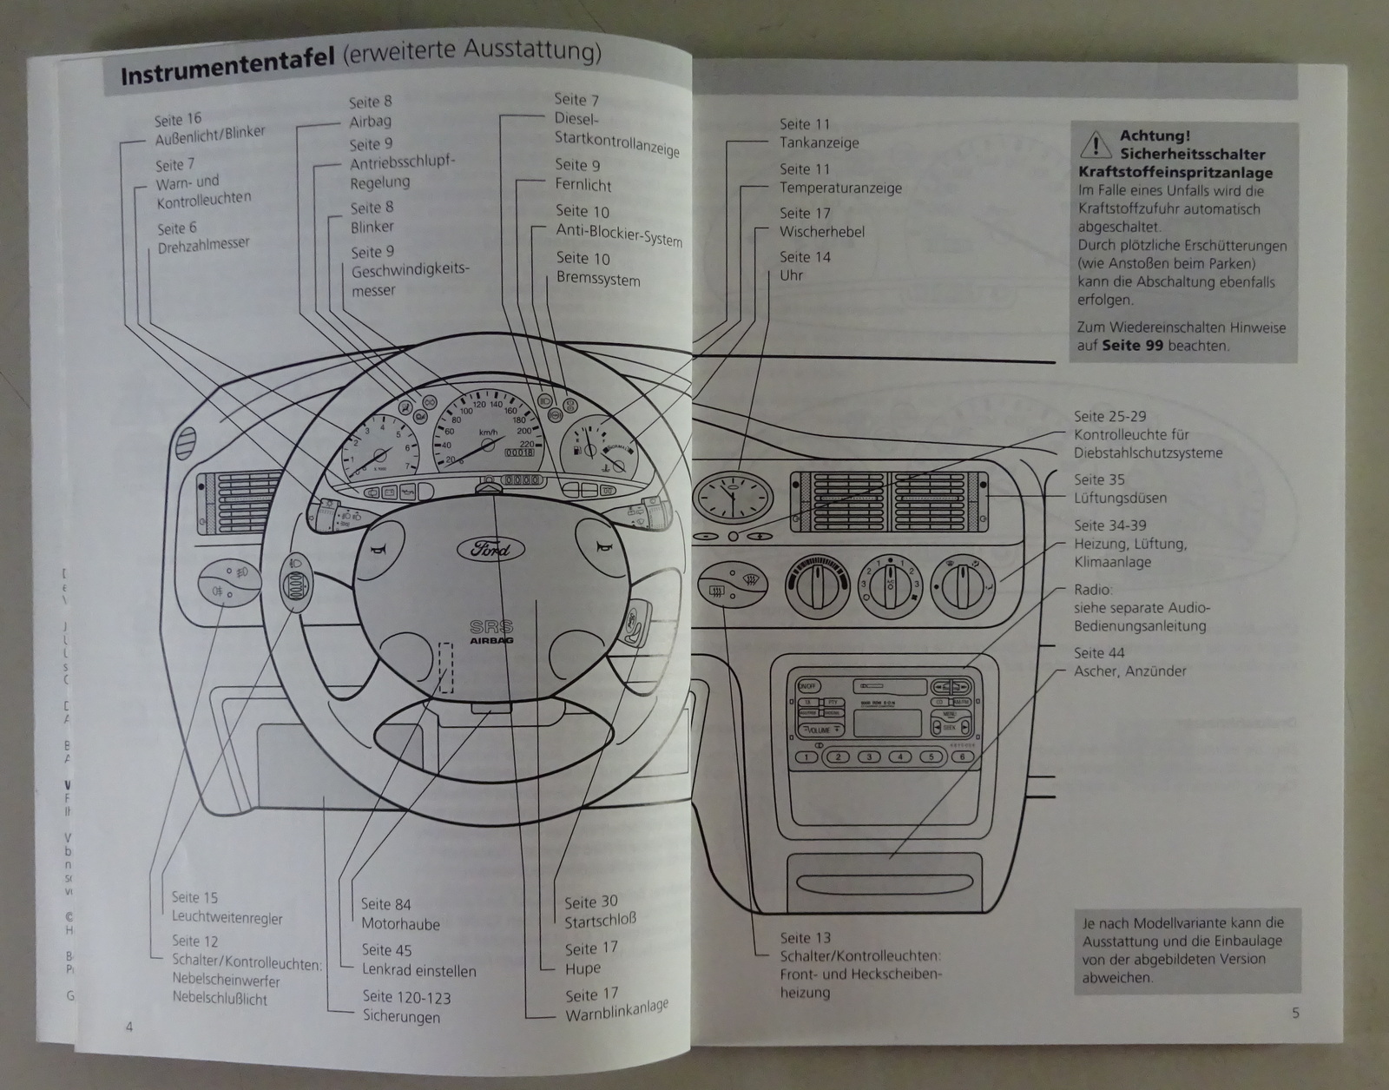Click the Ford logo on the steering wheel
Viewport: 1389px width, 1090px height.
click(490, 549)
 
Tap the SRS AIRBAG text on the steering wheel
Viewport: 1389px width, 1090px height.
click(491, 632)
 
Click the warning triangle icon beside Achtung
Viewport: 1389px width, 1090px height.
click(1096, 143)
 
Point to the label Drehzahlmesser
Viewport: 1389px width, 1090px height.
click(203, 247)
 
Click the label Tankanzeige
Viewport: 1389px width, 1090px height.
click(819, 143)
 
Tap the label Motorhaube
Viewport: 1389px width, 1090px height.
click(400, 924)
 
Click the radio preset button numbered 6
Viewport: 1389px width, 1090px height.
click(962, 756)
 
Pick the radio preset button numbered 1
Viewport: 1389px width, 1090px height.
click(806, 756)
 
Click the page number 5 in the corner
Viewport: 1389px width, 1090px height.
click(1295, 1013)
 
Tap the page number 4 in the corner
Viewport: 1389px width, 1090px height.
click(129, 1027)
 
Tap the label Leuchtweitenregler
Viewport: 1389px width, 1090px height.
click(227, 917)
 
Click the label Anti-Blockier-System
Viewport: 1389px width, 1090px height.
click(619, 234)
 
